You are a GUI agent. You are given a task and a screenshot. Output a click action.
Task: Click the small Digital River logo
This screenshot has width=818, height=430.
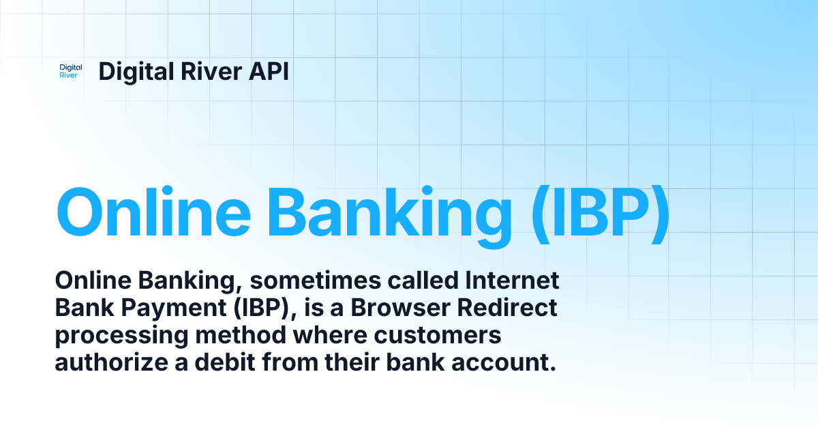tap(71, 72)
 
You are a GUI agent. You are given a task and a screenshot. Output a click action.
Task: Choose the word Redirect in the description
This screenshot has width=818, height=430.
tap(508, 308)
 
